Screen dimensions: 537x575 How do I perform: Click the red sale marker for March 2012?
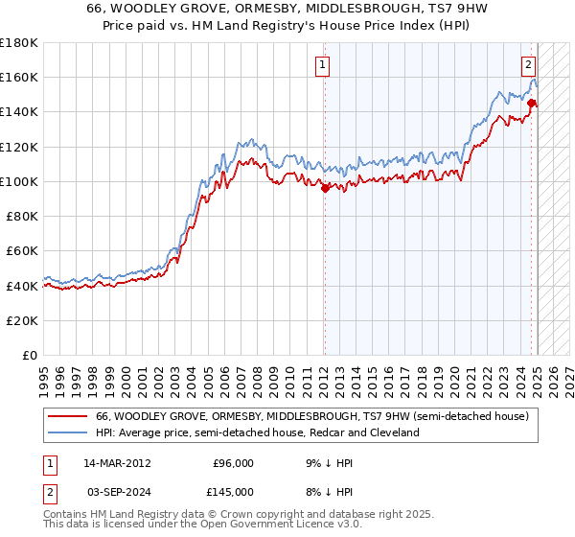click(x=324, y=188)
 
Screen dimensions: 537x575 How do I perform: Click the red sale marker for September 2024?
click(x=532, y=103)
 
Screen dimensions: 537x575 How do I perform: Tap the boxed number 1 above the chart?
click(x=323, y=65)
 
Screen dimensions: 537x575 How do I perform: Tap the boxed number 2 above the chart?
click(x=528, y=65)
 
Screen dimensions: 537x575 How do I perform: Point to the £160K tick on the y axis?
click(x=18, y=77)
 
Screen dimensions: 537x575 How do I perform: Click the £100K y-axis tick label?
click(x=18, y=181)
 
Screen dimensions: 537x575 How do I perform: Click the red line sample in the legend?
click(x=67, y=417)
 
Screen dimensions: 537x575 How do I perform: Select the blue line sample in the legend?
click(x=67, y=432)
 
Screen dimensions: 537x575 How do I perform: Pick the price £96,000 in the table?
click(x=233, y=463)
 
